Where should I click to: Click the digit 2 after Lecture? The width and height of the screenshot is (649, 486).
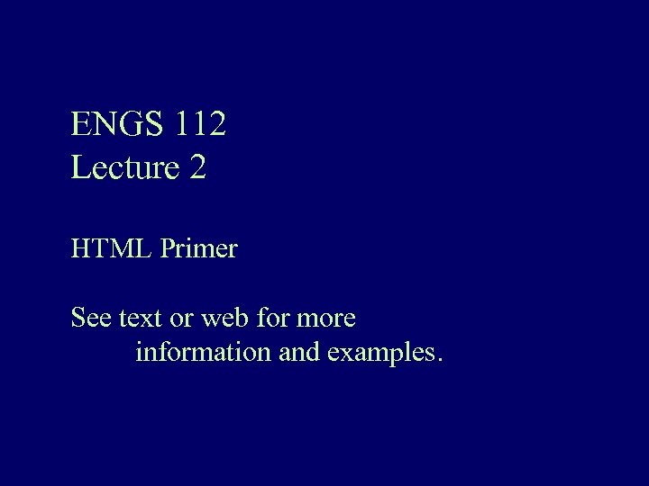198,167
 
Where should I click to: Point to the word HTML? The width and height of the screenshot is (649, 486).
111,248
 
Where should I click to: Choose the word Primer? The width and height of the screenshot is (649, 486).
199,248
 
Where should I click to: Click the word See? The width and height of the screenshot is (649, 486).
91,318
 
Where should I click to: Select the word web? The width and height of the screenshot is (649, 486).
222,318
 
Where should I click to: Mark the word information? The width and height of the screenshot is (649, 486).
204,352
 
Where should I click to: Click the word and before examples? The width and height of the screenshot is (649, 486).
300,352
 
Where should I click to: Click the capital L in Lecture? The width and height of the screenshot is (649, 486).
79,167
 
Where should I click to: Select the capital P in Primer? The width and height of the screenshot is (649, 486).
167,248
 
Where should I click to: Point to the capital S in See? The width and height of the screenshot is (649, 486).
78,318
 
